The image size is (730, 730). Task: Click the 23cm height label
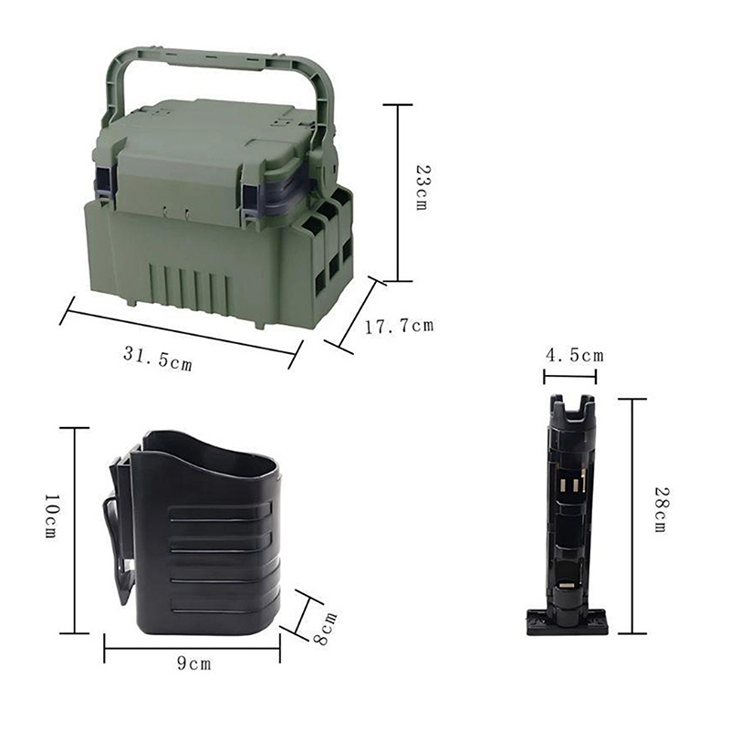point(422,187)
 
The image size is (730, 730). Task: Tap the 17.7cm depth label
point(399,326)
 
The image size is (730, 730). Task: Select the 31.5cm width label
point(158,359)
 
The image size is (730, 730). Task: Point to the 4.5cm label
point(575,356)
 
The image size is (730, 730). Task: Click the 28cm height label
point(662,509)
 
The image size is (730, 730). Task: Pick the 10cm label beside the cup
point(51,516)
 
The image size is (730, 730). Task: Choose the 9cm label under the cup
point(194,663)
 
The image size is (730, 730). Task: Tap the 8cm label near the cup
point(325,629)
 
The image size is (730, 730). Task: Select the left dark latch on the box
point(104,185)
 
